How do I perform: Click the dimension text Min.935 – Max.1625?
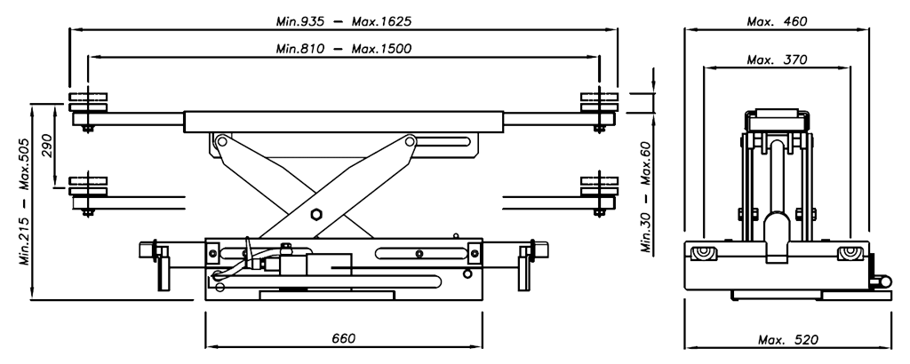coord(344,21)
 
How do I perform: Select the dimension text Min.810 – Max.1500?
coord(344,49)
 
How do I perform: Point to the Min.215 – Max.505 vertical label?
coord(25,202)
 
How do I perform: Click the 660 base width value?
coord(344,338)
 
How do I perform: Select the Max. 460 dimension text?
coord(777,21)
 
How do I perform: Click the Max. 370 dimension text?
coord(777,59)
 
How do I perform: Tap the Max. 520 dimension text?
coord(787,340)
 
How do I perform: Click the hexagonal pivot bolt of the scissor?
coord(315,215)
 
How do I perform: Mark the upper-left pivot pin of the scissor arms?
coord(220,141)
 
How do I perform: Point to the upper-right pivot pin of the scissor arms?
coord(410,141)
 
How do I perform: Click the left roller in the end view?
coord(704,253)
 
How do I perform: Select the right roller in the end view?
coord(850,253)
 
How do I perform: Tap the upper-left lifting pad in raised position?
coord(88,102)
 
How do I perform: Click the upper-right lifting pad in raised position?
coord(599,102)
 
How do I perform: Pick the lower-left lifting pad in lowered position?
coord(88,186)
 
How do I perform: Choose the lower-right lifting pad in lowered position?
coord(599,186)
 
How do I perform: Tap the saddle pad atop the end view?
coord(777,119)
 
